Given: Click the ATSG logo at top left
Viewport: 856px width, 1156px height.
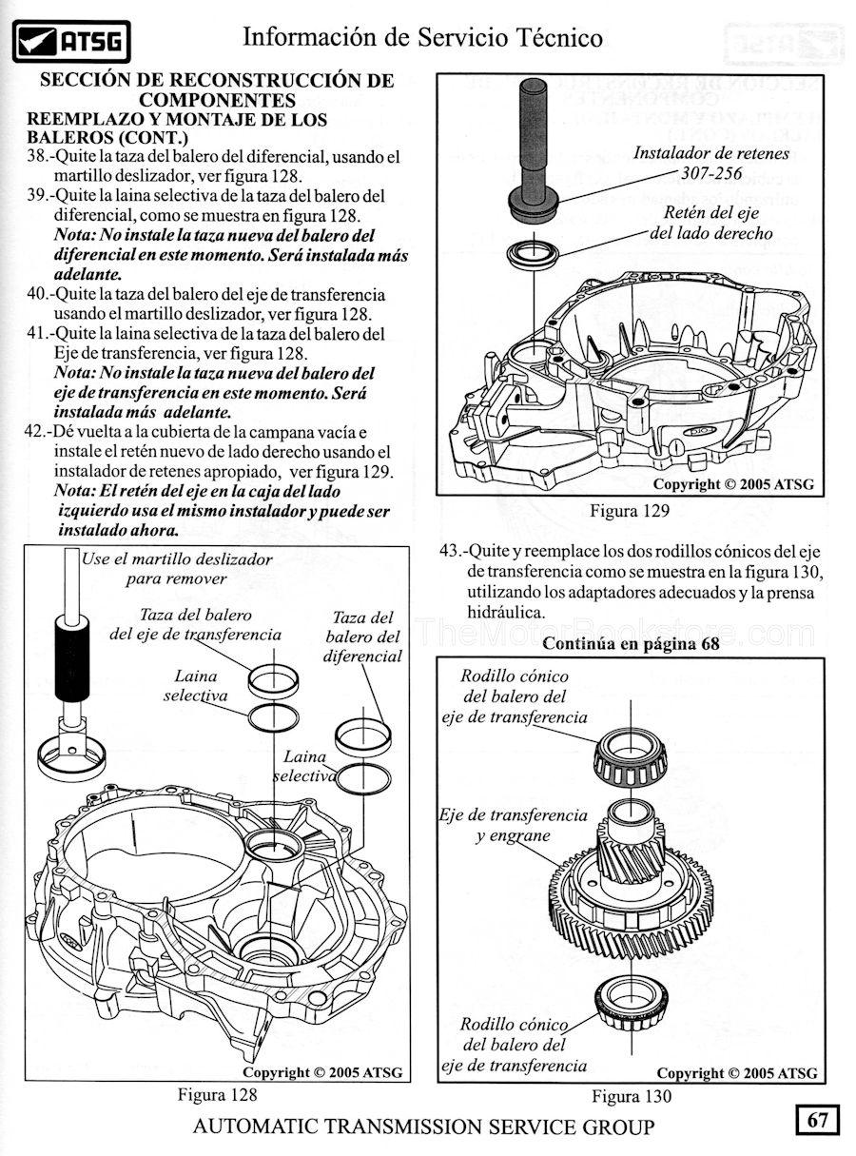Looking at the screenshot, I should [72, 41].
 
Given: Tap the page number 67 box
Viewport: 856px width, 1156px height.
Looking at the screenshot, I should [817, 1120].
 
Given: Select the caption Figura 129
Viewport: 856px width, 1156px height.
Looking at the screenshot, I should [629, 511].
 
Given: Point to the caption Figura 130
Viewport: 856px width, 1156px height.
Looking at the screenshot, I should [631, 1096].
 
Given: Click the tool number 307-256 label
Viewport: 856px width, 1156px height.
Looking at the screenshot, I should [711, 173].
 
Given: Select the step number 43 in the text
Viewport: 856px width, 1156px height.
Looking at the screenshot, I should [452, 552].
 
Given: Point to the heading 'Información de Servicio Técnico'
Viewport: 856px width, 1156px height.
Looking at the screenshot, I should [422, 37].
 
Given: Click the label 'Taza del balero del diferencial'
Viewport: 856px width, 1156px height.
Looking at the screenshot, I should [362, 637].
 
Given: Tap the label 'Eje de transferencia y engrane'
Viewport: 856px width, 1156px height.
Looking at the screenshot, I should [514, 826].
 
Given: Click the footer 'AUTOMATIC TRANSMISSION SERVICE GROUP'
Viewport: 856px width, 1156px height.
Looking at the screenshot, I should [423, 1127].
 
